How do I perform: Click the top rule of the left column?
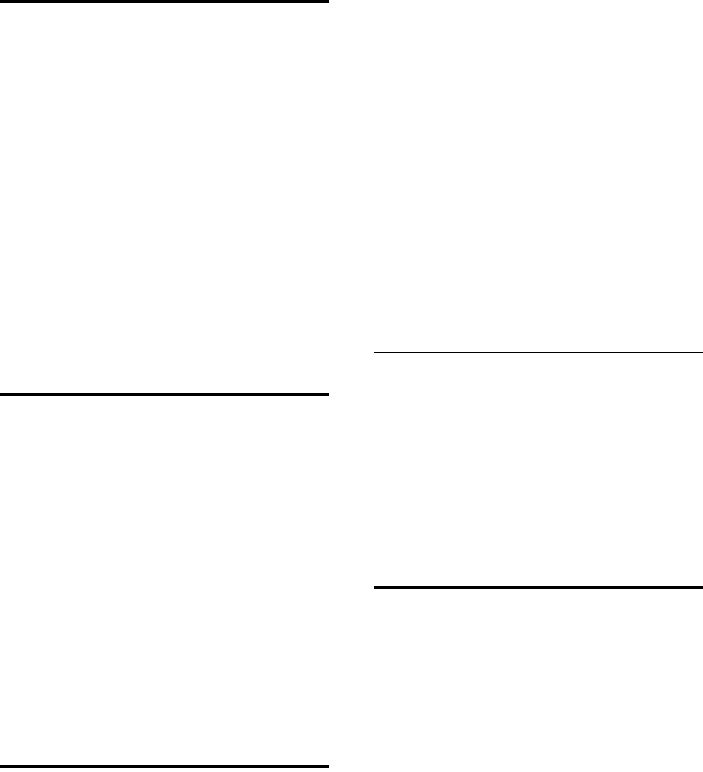tap(164, 2)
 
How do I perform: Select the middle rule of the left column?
tap(164, 395)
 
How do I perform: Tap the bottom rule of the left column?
tap(164, 767)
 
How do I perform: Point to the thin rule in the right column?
tap(539, 352)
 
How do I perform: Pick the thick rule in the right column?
tap(539, 587)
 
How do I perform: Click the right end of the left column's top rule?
tap(327, 2)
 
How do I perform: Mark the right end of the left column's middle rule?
tap(327, 395)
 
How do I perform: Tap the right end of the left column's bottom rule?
tap(327, 767)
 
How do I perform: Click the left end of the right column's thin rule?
tap(376, 352)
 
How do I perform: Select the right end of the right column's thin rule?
tap(701, 352)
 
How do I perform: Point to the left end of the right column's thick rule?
tap(376, 587)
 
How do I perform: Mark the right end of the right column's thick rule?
tap(701, 587)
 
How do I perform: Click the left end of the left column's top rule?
tap(2, 2)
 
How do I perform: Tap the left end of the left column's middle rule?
tap(2, 395)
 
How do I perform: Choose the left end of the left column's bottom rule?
tap(2, 767)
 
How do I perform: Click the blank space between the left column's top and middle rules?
tap(164, 200)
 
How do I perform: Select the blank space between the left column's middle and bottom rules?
tap(164, 580)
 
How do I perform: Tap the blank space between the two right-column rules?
tap(539, 470)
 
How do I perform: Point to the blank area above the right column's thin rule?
tap(539, 175)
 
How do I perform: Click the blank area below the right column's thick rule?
tap(539, 680)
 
